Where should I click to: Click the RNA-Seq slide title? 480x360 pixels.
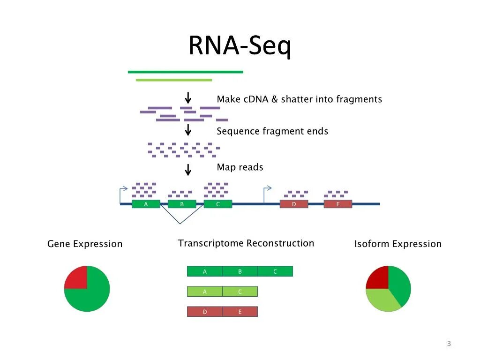point(240,46)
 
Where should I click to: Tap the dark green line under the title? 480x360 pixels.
point(186,72)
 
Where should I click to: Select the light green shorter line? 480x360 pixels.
point(174,80)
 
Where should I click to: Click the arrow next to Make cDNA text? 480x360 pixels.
point(188,98)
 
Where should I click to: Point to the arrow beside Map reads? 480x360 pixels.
point(188,169)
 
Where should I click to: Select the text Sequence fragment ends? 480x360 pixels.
point(272,131)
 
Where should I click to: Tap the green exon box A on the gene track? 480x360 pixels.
point(146,204)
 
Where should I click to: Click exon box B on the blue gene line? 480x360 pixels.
point(182,204)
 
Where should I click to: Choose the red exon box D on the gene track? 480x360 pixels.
point(294,204)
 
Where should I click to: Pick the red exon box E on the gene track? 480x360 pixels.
point(338,204)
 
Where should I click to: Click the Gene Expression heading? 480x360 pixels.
point(85,244)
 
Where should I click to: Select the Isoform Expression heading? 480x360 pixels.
point(397,244)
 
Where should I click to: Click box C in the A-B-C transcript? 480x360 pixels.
point(275,271)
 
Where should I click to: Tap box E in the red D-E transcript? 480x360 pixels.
point(240,312)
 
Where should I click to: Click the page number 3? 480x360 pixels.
point(449,344)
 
